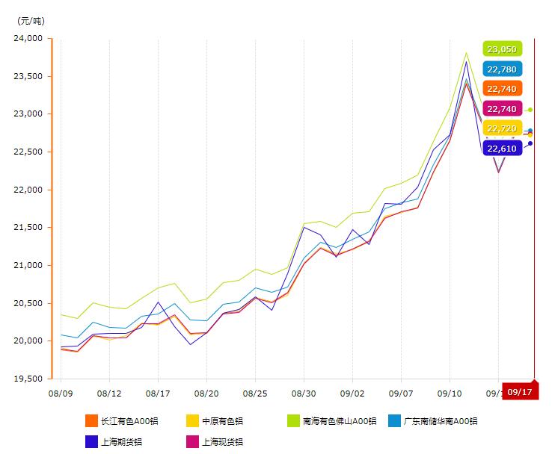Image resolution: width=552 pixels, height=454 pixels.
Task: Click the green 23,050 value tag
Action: pos(501,49)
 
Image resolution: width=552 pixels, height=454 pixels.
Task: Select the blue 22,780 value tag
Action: pos(501,69)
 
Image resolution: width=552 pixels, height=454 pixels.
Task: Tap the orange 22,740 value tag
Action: pos(501,89)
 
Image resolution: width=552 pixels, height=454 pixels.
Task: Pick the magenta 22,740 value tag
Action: pos(501,109)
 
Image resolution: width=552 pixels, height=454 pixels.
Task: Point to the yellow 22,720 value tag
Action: pos(501,128)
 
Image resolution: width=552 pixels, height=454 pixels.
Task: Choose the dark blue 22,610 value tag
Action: pos(501,149)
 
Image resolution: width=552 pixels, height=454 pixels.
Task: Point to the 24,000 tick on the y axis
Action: pos(29,38)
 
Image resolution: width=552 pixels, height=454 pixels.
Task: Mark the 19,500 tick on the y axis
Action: pos(29,379)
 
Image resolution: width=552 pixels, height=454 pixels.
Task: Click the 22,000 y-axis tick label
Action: pos(29,190)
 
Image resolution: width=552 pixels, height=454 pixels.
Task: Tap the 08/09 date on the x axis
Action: pos(61,392)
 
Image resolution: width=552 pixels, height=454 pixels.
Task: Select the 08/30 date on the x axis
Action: pos(304,392)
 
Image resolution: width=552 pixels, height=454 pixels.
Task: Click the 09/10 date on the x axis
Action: pos(450,392)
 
